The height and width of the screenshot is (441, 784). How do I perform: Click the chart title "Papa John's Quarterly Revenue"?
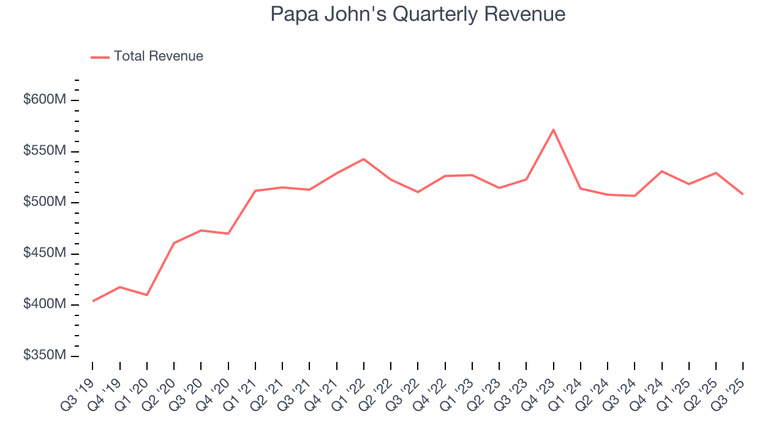coord(418,14)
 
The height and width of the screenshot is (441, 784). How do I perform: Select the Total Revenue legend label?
coord(158,56)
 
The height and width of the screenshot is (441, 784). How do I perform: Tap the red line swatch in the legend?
coord(100,57)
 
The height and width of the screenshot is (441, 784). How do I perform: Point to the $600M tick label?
coord(44,100)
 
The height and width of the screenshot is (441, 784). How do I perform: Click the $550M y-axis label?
coord(44,151)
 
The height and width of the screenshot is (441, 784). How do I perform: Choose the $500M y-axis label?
coord(44,202)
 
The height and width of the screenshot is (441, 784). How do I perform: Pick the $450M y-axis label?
coord(44,254)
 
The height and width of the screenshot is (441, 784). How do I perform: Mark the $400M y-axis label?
coord(44,304)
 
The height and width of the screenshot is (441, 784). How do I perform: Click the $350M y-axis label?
coord(44,356)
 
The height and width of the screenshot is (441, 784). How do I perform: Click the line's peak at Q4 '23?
coord(554,130)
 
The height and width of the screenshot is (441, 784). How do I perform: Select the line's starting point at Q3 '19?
coord(93,301)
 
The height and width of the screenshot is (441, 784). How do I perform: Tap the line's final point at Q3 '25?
coord(743,194)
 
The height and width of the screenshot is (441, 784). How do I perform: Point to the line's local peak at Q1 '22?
coord(364,159)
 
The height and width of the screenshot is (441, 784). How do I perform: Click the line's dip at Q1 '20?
coord(147,295)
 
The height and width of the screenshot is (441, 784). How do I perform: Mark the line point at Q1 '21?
coord(255,190)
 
